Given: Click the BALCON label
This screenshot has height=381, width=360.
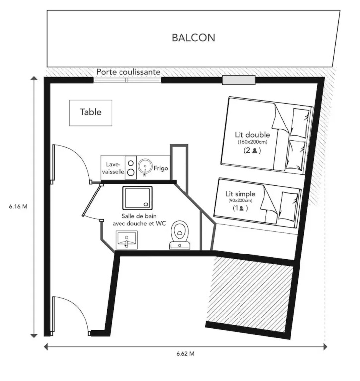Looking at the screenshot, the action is click(193, 38).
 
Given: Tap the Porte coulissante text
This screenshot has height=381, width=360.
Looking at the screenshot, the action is click(128, 72).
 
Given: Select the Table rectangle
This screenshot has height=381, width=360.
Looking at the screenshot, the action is click(91, 113).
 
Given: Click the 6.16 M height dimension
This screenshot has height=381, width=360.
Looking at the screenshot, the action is click(18, 206).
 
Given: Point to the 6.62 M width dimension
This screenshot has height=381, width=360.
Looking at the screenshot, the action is click(185, 354).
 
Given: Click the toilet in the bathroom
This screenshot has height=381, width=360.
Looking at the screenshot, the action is click(180, 235).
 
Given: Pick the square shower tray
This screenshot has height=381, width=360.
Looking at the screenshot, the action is click(137, 198).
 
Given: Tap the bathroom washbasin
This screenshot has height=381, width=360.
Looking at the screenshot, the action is click(126, 240).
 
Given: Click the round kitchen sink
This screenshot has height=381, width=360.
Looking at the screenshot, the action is click(145, 167).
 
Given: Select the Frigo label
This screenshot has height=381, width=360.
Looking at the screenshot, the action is click(161, 168).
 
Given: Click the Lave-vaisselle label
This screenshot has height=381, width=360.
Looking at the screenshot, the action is click(113, 168).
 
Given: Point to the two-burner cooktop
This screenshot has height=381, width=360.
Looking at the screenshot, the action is click(131, 167).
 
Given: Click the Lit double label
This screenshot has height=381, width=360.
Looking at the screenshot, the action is click(252, 135).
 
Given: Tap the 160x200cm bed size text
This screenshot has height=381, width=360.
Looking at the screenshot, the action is click(252, 142).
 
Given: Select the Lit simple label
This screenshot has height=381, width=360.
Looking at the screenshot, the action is click(240, 194).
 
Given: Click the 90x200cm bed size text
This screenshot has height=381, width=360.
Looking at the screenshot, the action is click(240, 201).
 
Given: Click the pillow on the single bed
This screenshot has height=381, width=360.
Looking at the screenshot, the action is click(288, 206).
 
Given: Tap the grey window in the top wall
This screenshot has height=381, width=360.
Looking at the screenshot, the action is click(239, 80).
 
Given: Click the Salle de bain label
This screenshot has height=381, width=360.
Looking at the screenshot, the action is click(139, 216).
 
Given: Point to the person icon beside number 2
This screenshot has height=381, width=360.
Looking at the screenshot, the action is click(255, 151).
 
